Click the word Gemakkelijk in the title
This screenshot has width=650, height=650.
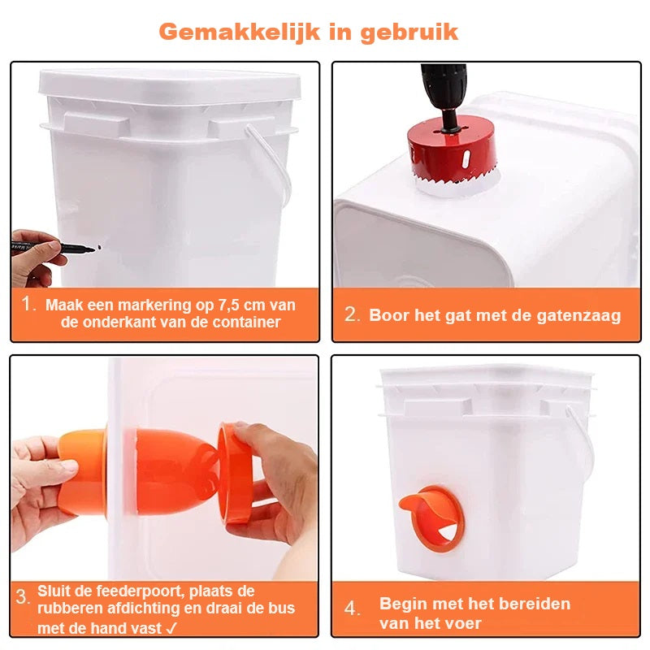[240, 32]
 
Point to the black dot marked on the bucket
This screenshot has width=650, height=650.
[99, 248]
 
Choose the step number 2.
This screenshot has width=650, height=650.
[352, 314]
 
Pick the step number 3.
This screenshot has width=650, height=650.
[23, 597]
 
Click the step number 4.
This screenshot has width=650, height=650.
[352, 609]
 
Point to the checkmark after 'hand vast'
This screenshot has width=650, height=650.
[171, 627]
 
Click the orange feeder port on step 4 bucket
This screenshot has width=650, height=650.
[431, 518]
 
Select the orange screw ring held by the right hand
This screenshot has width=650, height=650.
[234, 474]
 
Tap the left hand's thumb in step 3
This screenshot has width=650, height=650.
[63, 466]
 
